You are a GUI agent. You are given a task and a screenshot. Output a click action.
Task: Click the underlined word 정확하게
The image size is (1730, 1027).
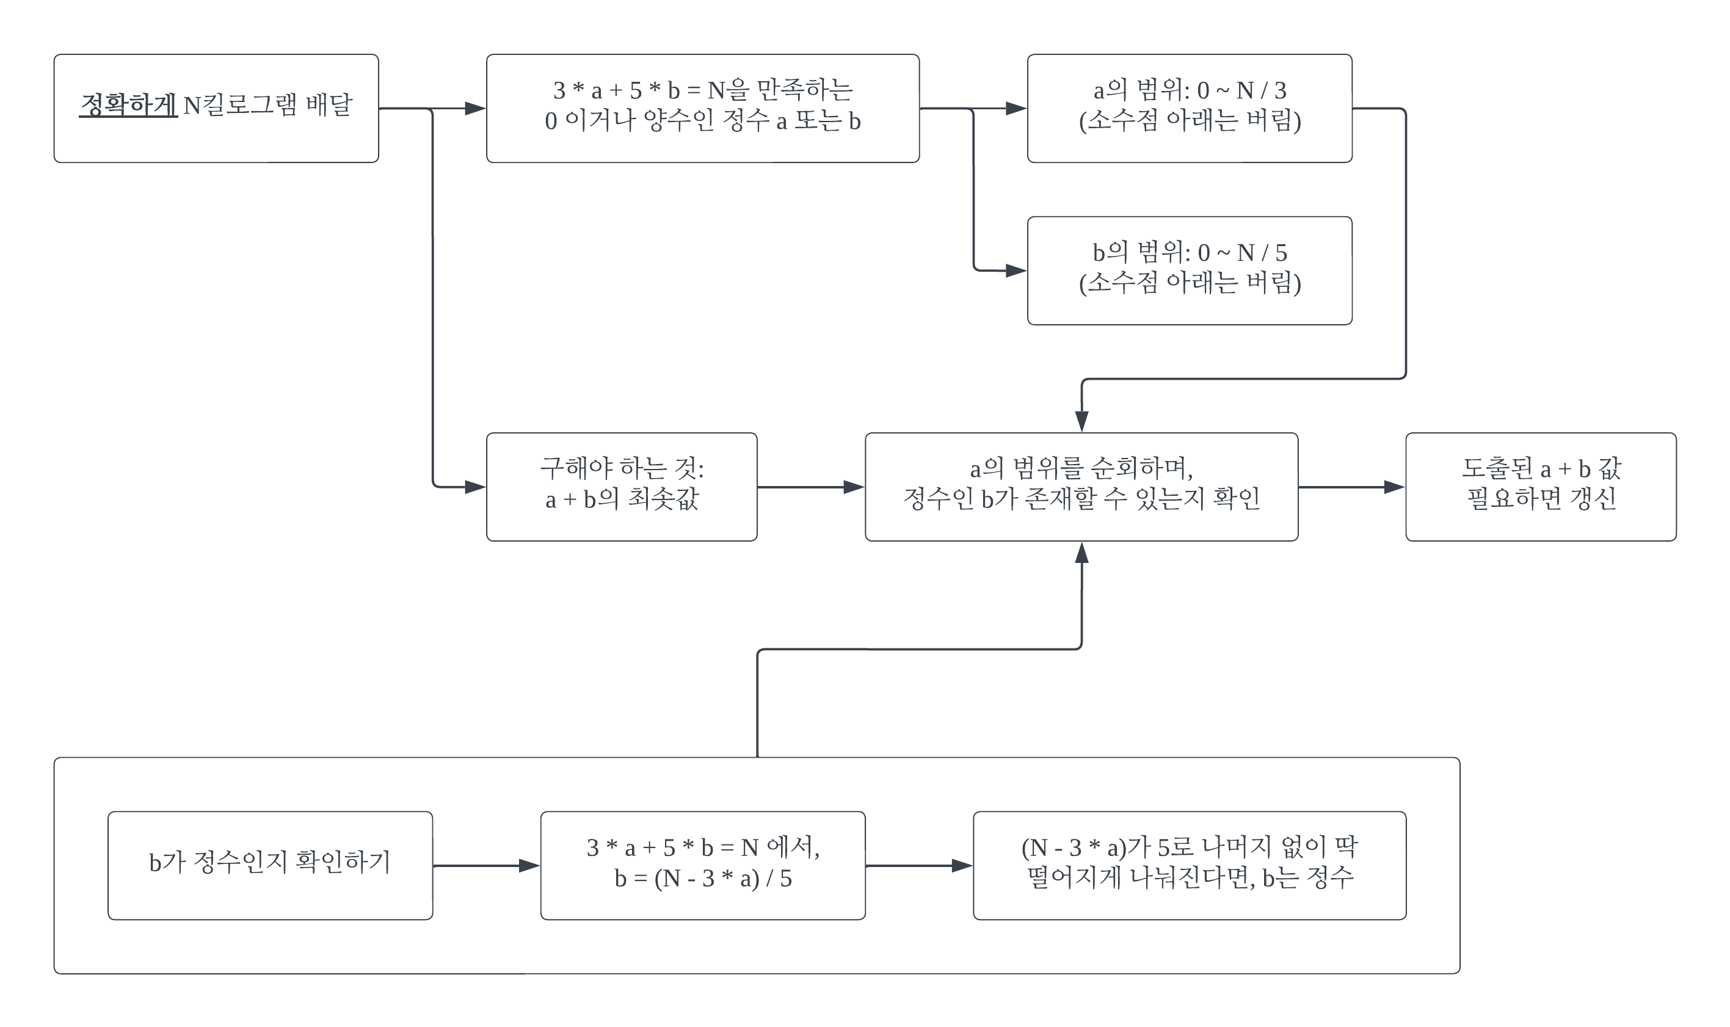point(128,105)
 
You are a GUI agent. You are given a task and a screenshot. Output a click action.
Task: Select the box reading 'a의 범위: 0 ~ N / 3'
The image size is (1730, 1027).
point(1189,109)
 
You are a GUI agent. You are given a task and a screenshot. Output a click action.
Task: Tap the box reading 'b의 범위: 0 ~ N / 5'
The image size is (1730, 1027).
point(1189,270)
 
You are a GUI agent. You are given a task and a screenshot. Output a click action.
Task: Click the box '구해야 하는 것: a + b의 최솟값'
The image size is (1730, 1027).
point(622,487)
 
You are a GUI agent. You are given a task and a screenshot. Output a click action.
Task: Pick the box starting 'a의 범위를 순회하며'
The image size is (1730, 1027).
point(1081,487)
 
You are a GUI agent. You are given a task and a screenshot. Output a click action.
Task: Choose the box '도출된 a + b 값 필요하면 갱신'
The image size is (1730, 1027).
point(1541,487)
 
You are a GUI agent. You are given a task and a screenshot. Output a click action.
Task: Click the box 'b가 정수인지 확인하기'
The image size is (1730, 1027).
point(270,866)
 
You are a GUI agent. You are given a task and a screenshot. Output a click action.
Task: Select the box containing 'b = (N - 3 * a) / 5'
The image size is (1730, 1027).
point(702,866)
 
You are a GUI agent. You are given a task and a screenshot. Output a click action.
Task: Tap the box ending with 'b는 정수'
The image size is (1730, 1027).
point(1189,866)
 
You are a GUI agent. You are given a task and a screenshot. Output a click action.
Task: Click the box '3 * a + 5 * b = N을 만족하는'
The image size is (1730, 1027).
point(702,109)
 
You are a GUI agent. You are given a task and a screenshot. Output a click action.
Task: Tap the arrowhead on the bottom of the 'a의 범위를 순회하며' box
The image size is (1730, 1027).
point(1081,551)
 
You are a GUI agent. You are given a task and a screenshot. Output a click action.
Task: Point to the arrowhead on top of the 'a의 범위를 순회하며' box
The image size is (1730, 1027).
point(1081,422)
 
